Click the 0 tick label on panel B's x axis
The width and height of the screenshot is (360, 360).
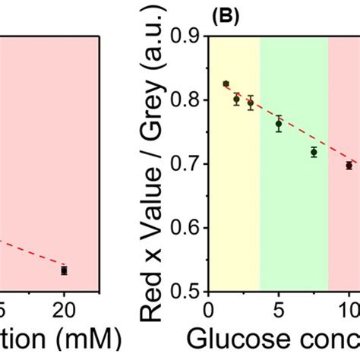[x=209, y=310]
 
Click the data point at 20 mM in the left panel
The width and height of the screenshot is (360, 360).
[x=65, y=270]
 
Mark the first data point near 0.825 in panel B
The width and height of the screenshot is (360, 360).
[x=226, y=84]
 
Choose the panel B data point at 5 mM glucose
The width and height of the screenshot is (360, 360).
[x=279, y=124]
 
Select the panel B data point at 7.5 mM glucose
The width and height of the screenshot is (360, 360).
[x=314, y=153]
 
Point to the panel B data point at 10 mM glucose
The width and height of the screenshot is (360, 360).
[x=349, y=166]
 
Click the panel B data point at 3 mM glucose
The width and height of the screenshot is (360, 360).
[x=251, y=103]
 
